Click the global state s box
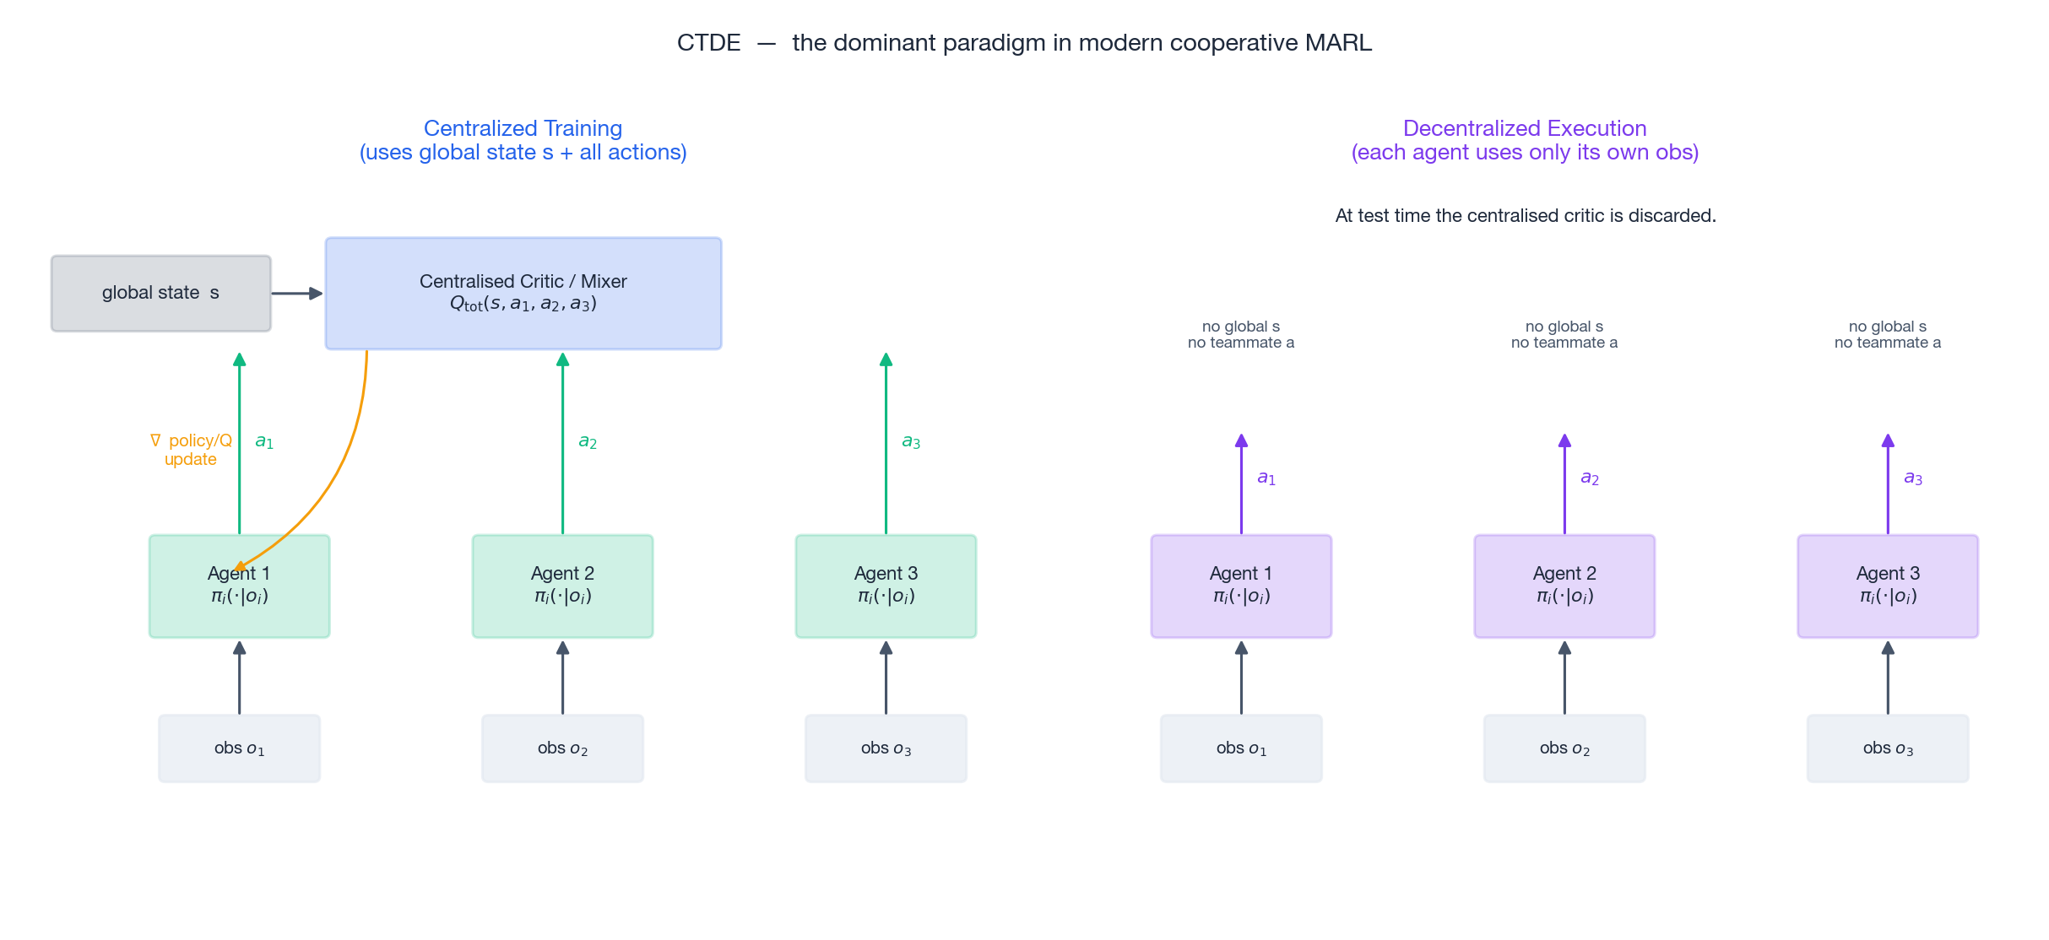tap(160, 294)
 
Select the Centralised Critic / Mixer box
tap(523, 294)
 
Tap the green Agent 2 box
tap(562, 586)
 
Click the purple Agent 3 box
tap(1887, 586)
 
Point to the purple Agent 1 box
tap(1240, 586)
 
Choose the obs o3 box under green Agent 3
tap(885, 748)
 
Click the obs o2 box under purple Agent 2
tap(1564, 748)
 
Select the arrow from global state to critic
tap(296, 294)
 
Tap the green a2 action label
tap(588, 441)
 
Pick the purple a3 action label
tap(1912, 478)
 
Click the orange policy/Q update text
tap(192, 450)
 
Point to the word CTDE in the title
tap(708, 43)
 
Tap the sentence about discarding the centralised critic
tap(1525, 216)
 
